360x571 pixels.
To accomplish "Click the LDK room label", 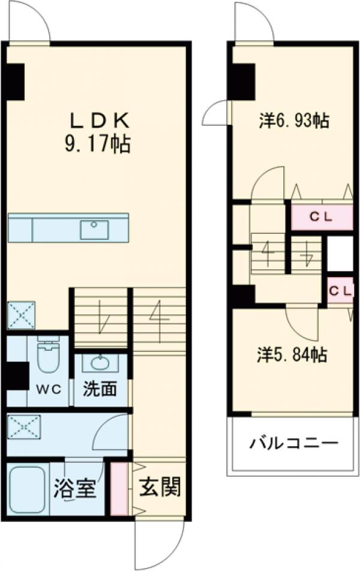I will click(100, 121).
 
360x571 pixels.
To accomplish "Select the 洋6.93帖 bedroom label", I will click(293, 121).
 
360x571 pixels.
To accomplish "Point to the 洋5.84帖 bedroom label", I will click(292, 355).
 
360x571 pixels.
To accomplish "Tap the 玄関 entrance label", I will click(160, 488).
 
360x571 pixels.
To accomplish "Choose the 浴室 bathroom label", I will click(75, 488).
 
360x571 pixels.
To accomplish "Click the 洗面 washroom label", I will click(100, 389).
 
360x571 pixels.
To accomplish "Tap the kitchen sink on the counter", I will click(94, 229).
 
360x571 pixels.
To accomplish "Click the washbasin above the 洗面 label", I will click(100, 363).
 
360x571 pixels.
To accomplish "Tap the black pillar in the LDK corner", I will click(15, 82).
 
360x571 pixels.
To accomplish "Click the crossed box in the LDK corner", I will click(21, 315).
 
